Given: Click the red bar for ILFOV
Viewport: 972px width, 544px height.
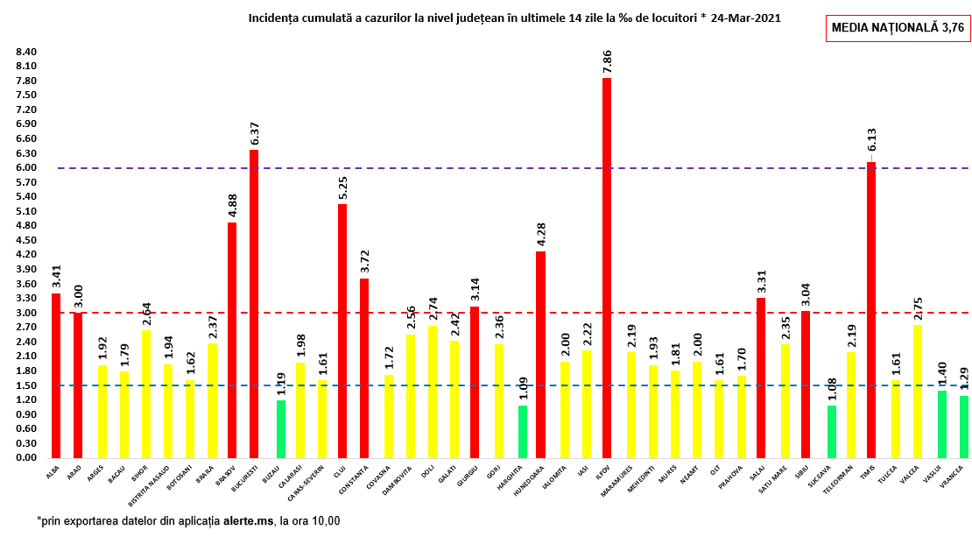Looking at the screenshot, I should coord(607,267).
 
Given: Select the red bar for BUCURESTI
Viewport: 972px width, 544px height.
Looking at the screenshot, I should coord(254,303).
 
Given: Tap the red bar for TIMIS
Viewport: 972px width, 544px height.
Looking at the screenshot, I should coord(871,309).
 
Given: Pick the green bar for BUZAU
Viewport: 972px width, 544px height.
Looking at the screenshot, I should coord(280,428).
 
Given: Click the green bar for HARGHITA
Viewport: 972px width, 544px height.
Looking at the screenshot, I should coord(523,431).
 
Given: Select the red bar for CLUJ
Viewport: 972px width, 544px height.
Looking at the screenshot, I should coord(342,330).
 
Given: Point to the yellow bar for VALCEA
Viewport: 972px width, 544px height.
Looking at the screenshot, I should coord(917,391).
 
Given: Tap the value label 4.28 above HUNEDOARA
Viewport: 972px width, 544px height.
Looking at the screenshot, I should coord(540,234).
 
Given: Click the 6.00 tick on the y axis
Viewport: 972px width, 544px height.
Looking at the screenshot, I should coord(26,167).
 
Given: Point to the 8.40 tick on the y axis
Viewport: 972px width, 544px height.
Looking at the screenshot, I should coord(26,52).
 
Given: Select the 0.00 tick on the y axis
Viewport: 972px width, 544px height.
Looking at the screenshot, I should coord(26,457).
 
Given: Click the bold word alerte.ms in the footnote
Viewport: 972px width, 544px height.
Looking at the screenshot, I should coord(248,520).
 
